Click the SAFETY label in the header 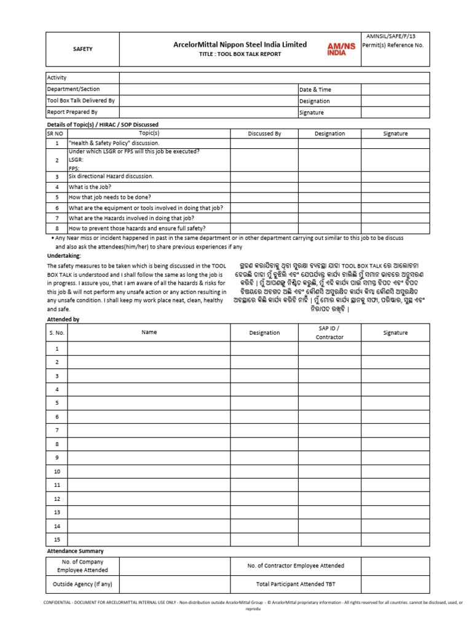pos(82,49)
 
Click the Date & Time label pos(315,90)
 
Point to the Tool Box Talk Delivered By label pos(81,101)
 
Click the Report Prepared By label pos(73,113)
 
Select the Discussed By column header pos(264,134)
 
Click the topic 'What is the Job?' pos(90,187)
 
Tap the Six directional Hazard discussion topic pos(111,176)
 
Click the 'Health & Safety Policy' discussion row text pos(114,143)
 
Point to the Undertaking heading pos(64,255)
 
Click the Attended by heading pos(63,320)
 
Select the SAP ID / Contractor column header pos(329,333)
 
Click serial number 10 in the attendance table pos(57,472)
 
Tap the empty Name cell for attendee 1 pos(149,349)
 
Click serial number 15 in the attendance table pos(57,540)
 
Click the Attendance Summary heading pos(76,551)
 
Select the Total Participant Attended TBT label pos(296,584)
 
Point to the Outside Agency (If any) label pos(82,584)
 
